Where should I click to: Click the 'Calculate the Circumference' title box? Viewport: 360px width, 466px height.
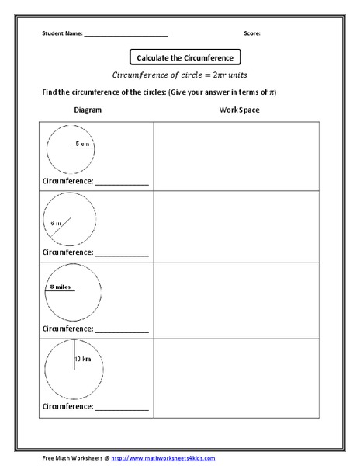pos(185,57)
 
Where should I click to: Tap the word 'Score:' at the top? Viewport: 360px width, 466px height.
pos(252,33)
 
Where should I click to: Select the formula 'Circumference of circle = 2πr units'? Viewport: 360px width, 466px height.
pos(185,75)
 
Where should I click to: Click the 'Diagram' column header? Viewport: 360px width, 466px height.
pos(88,110)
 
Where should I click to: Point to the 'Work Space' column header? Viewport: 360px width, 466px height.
pos(239,110)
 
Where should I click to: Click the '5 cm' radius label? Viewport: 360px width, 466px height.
pos(84,143)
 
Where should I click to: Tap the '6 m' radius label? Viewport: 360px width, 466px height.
pos(55,223)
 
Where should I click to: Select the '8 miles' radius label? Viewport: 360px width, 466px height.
pos(61,287)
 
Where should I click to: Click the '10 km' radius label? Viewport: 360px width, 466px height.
pos(83,360)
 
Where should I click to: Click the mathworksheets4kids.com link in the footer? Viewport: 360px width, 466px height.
pos(164,458)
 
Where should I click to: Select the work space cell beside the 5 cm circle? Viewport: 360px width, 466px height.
pos(239,155)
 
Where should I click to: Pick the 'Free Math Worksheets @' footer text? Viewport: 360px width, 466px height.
pos(74,458)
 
